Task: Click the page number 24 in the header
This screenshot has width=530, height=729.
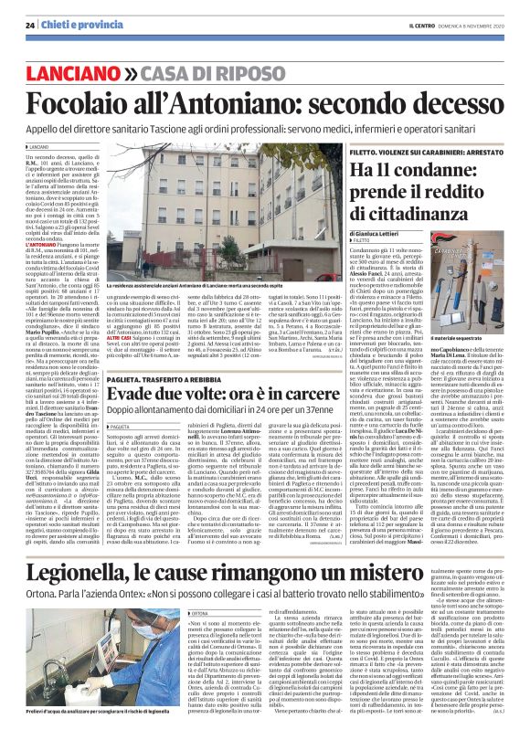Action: point(30,24)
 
